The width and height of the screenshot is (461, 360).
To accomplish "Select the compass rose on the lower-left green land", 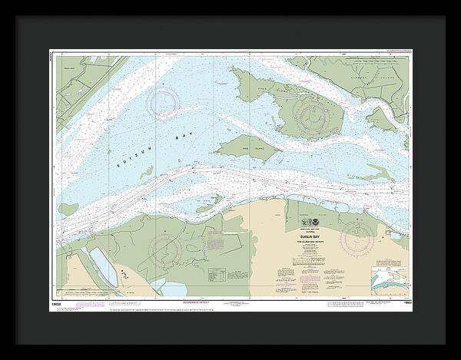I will coord(165,250).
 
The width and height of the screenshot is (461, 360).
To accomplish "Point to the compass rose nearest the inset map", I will coord(357,239).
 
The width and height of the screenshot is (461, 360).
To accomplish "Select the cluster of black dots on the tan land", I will coord(123,274).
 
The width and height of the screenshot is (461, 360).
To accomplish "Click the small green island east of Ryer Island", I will coord(379,119).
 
